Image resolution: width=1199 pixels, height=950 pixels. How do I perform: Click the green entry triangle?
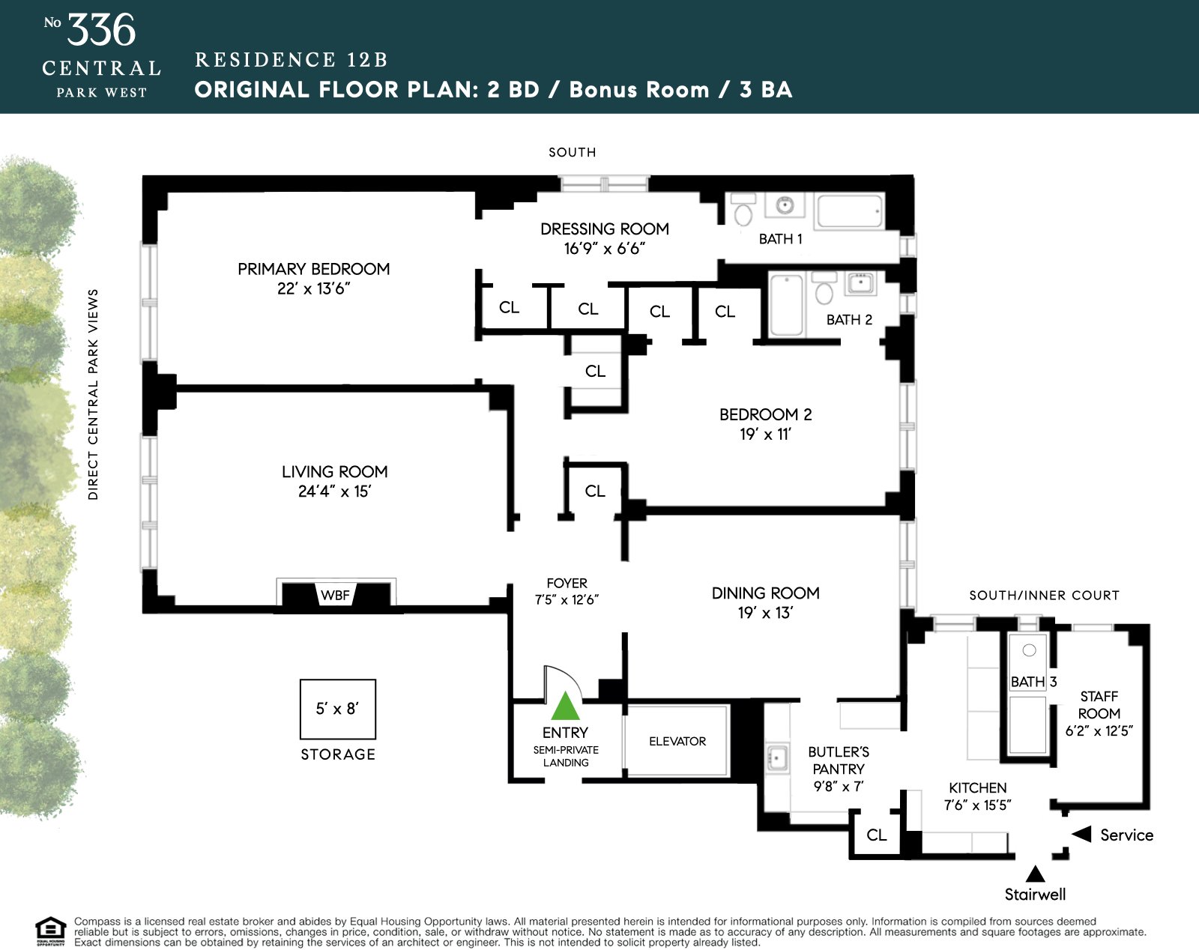[566, 707]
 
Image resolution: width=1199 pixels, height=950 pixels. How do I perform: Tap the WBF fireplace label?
[335, 596]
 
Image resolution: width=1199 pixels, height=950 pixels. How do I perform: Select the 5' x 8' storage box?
[337, 709]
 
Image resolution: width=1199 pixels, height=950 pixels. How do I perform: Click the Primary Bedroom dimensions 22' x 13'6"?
[313, 288]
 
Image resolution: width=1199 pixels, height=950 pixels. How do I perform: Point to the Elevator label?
[677, 741]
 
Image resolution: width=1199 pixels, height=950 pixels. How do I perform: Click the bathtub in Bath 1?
[850, 211]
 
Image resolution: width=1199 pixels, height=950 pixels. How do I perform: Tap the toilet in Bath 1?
[743, 212]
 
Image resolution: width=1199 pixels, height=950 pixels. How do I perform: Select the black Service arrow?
[1081, 834]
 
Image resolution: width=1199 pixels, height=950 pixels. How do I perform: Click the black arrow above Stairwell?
[1035, 874]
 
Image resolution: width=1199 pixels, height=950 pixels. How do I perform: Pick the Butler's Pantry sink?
[777, 758]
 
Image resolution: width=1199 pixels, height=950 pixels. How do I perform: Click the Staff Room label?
[1099, 705]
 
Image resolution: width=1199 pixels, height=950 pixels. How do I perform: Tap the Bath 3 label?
[1033, 682]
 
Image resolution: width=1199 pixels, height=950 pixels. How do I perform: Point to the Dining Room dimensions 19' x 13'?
[765, 613]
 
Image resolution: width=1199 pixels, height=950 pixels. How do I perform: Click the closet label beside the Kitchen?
[876, 835]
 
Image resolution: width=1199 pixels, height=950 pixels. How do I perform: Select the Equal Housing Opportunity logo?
[51, 931]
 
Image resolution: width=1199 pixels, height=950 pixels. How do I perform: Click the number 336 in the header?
[101, 31]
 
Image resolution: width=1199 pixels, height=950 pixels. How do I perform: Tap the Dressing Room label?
[604, 229]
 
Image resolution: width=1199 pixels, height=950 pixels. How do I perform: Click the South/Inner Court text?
[1044, 596]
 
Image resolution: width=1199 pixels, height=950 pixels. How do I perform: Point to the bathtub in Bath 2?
[786, 306]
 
